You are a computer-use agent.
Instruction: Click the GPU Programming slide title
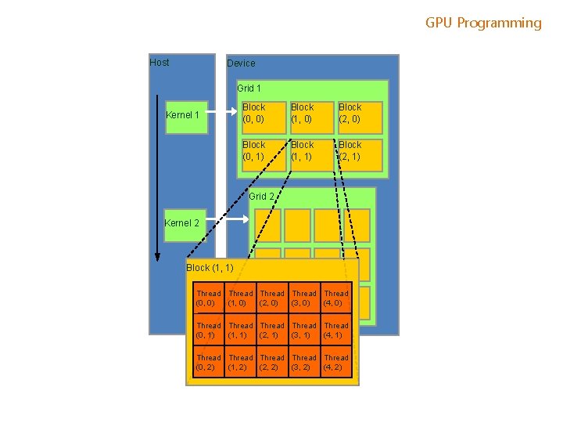tap(483, 23)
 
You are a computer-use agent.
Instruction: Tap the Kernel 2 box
tap(182, 224)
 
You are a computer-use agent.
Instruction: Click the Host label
tap(160, 63)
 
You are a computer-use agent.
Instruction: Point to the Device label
tap(241, 63)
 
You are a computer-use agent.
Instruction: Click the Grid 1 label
tap(249, 89)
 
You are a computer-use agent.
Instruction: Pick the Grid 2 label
tap(261, 197)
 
